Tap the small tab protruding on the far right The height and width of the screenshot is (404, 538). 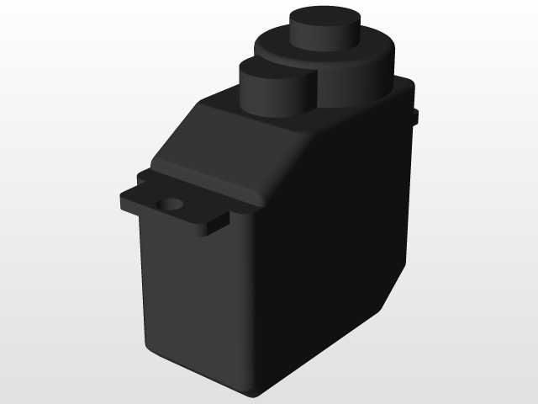click(415, 116)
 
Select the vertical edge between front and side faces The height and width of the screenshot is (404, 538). click(252, 311)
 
